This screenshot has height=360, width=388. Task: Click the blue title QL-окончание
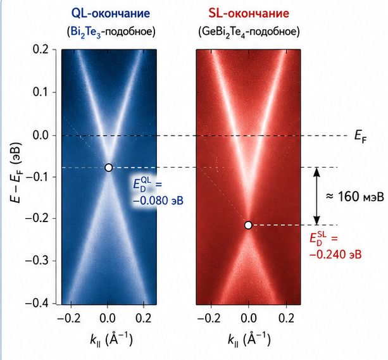(x=110, y=13)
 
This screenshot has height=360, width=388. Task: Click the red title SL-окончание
(x=249, y=13)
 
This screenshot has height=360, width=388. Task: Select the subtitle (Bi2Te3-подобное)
(x=111, y=32)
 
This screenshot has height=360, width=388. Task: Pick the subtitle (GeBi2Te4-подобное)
(x=249, y=32)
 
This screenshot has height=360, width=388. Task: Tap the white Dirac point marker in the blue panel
(x=108, y=168)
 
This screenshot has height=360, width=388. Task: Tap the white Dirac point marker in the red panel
(x=248, y=225)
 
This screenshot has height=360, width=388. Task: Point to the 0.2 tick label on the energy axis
(x=41, y=50)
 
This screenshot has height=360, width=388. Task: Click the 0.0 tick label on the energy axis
(x=41, y=135)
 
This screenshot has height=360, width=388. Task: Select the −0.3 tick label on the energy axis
(x=37, y=261)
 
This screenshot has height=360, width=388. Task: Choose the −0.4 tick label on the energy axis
(x=37, y=303)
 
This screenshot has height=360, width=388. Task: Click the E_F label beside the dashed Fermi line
(x=361, y=137)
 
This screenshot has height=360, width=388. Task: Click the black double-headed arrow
(x=316, y=197)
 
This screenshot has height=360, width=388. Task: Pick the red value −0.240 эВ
(x=335, y=254)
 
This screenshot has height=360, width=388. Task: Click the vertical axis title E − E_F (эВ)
(x=16, y=173)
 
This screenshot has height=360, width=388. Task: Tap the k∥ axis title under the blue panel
(x=111, y=340)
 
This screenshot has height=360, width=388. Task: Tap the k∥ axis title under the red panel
(x=249, y=340)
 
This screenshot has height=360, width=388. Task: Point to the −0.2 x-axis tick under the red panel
(x=209, y=318)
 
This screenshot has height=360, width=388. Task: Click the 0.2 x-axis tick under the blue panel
(x=144, y=318)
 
